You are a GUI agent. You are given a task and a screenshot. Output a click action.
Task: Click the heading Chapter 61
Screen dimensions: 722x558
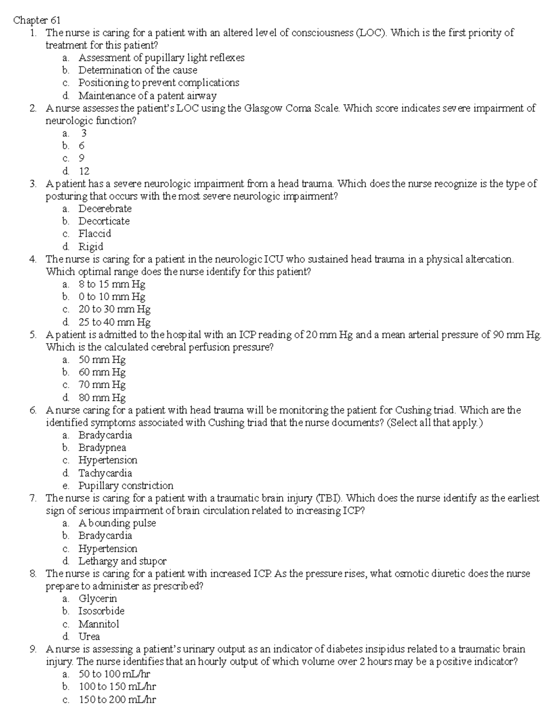pos(37,20)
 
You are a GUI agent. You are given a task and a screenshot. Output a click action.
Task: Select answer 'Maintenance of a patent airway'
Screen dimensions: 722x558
pos(147,96)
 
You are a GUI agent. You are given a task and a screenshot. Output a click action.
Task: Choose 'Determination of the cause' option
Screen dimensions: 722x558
pos(138,70)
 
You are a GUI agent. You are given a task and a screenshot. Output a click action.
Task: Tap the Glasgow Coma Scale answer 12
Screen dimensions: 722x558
pos(84,171)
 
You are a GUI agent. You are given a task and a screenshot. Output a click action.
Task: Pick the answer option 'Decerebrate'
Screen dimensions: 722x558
pos(105,208)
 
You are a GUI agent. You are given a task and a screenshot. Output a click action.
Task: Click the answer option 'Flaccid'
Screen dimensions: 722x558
pos(94,233)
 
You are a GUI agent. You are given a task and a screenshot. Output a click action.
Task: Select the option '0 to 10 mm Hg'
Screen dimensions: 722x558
pos(112,297)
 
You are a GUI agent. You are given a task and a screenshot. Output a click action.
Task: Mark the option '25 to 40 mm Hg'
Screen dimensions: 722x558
pos(114,322)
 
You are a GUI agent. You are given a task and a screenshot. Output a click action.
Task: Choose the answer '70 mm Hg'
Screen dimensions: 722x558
pos(102,384)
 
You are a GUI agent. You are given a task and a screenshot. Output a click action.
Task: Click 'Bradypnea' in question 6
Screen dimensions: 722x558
pos(102,448)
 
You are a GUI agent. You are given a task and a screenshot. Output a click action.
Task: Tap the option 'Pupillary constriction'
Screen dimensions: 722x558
pos(126,485)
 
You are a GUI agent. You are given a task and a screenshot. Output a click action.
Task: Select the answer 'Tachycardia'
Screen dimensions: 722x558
pos(105,473)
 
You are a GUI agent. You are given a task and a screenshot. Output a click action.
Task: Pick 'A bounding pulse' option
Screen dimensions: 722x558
pos(117,523)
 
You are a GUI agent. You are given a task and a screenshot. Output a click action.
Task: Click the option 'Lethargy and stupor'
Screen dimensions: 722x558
pos(122,561)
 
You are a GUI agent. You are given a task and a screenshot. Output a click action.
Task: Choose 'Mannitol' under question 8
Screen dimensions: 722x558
pos(99,624)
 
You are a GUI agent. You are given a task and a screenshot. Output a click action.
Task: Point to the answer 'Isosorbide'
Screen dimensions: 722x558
pos(101,611)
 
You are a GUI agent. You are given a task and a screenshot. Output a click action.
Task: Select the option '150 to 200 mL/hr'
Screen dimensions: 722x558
pos(117,700)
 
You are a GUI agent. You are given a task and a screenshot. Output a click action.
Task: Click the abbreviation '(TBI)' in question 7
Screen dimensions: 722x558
pos(329,498)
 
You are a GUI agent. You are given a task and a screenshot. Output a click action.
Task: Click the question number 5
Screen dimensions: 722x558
pos(33,334)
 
